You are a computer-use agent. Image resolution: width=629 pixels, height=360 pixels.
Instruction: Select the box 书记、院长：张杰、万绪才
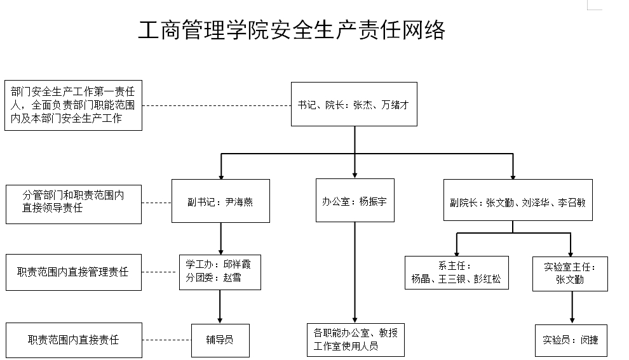point(354,104)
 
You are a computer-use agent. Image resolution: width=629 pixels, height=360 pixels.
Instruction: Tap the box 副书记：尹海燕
point(220,201)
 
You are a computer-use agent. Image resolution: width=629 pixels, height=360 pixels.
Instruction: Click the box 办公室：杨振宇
point(355,201)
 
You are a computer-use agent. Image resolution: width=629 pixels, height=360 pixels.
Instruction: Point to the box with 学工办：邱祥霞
point(220,271)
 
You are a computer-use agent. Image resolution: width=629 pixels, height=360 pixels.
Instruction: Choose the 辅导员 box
point(220,340)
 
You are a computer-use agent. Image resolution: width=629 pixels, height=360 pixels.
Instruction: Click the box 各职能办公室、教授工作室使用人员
point(355,340)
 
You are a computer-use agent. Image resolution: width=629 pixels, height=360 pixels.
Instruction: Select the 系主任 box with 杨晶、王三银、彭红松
point(456,272)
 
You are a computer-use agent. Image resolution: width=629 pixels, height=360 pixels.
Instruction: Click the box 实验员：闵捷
point(570,340)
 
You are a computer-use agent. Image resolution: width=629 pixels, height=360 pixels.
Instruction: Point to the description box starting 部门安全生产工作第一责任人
point(73,105)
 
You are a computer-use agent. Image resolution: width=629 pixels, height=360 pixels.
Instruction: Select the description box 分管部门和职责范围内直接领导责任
point(73,203)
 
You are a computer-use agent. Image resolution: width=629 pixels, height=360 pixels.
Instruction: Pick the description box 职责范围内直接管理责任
point(73,272)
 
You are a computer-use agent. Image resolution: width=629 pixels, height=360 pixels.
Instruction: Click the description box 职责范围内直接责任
point(73,340)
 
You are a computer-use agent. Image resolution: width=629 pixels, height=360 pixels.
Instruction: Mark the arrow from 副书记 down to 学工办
point(220,238)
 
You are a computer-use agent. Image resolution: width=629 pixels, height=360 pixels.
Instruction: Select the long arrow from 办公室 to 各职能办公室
point(355,273)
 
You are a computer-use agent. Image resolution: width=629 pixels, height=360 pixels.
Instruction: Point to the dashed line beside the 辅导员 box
point(166,340)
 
